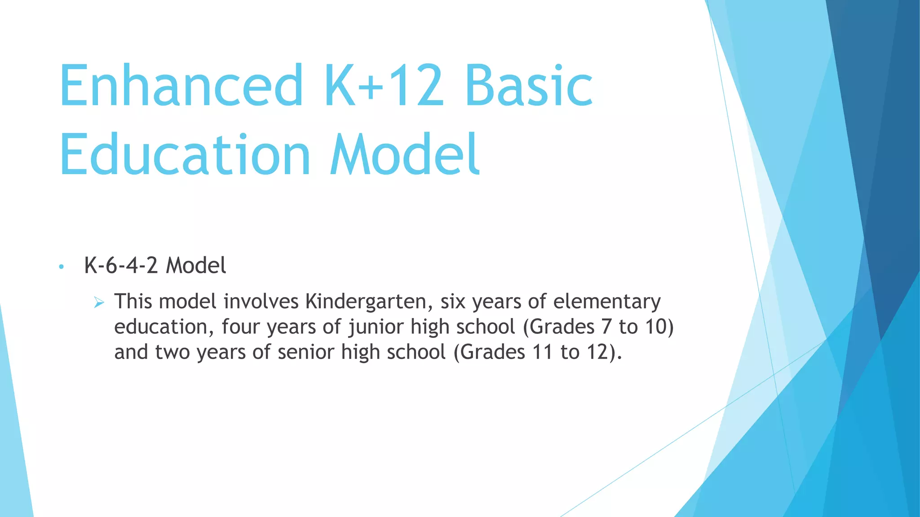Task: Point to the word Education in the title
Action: (x=185, y=155)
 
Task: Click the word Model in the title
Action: (x=405, y=155)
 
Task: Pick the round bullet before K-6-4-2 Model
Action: (x=62, y=267)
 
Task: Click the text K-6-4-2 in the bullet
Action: (x=121, y=266)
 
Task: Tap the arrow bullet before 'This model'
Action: (x=99, y=303)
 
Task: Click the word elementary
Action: (x=606, y=301)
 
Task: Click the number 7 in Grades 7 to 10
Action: (x=606, y=327)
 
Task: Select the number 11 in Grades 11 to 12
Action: (x=543, y=352)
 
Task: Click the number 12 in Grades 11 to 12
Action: (x=597, y=352)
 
